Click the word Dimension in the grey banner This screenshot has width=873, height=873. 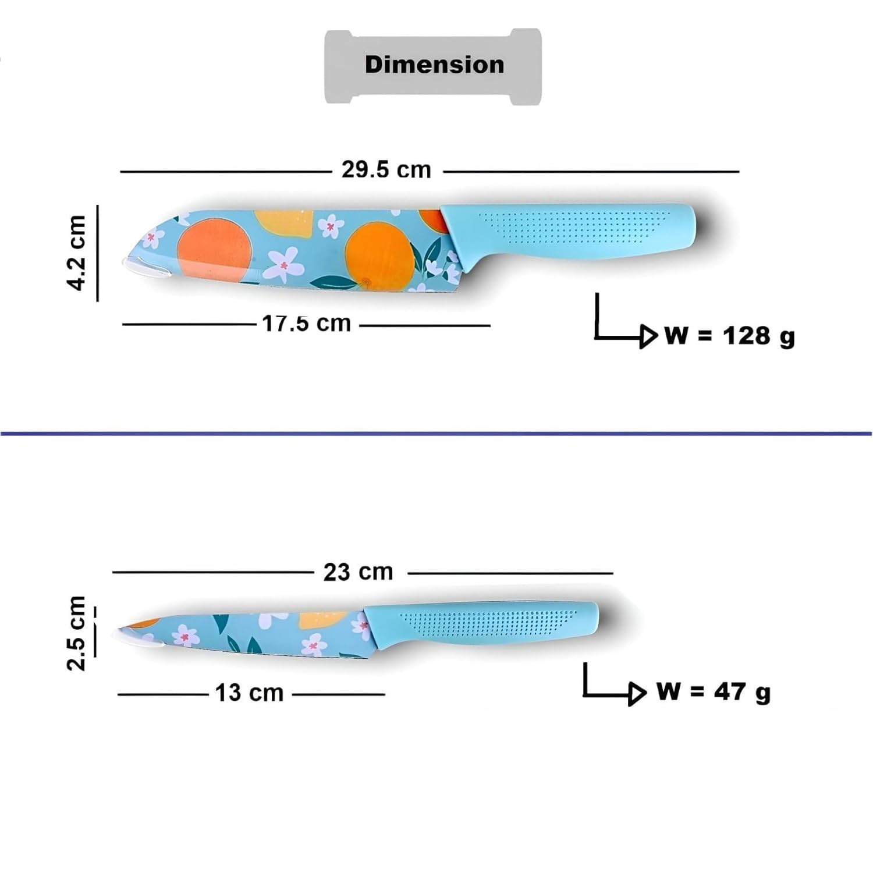click(434, 64)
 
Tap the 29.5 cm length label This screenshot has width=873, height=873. click(386, 169)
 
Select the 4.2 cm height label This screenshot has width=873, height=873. click(77, 253)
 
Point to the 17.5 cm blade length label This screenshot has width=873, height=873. click(307, 323)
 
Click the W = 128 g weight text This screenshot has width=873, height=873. click(730, 336)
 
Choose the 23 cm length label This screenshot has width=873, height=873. click(358, 572)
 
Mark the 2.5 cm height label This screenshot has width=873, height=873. click(77, 633)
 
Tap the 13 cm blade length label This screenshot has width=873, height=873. click(249, 693)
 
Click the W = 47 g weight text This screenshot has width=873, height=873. click(714, 691)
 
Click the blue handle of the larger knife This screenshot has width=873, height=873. click(570, 233)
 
